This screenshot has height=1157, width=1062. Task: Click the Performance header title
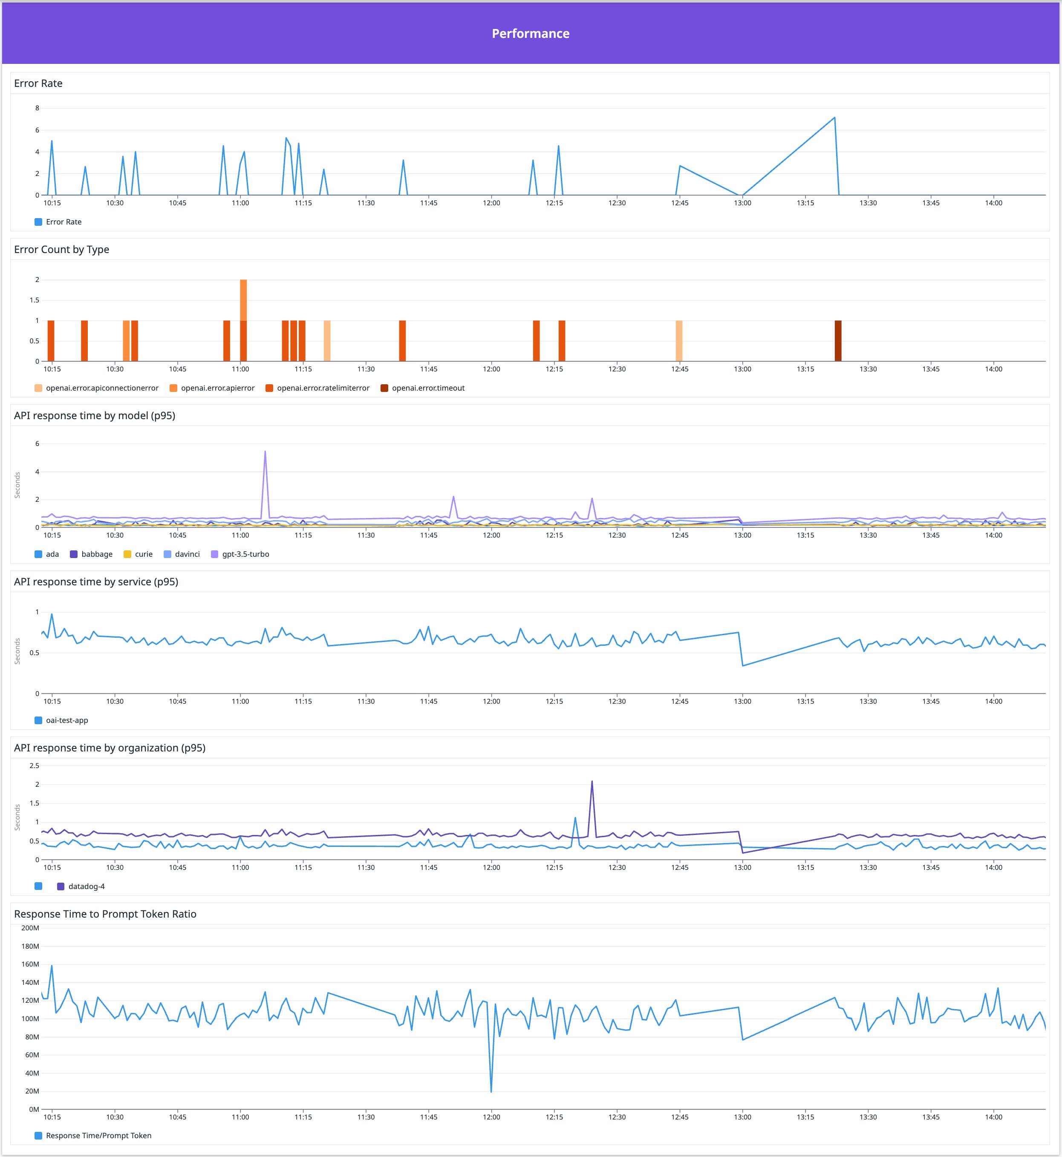click(x=531, y=33)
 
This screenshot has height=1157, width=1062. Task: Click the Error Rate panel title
click(x=38, y=83)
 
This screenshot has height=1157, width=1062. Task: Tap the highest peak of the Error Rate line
click(x=834, y=118)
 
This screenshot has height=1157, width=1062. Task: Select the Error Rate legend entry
click(x=63, y=222)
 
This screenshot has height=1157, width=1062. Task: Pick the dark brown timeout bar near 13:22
click(x=838, y=341)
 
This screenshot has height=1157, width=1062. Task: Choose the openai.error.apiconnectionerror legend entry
click(x=102, y=388)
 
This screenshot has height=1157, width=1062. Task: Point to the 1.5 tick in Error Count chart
click(x=35, y=300)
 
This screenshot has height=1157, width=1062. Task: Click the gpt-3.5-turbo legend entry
click(x=245, y=554)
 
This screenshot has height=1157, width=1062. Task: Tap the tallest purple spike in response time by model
click(x=265, y=452)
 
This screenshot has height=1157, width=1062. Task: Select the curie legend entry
click(x=143, y=554)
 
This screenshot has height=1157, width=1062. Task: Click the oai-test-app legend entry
click(x=66, y=720)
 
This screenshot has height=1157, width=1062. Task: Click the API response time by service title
click(x=96, y=581)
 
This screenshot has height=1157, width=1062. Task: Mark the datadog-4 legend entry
click(x=86, y=886)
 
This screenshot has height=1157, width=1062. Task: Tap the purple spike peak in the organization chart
click(x=592, y=781)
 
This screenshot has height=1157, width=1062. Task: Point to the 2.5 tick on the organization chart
click(x=34, y=765)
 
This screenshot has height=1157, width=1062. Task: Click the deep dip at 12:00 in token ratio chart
click(x=491, y=1091)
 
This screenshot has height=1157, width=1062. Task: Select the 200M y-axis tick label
click(x=30, y=928)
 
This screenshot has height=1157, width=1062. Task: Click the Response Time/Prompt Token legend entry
click(x=98, y=1135)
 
